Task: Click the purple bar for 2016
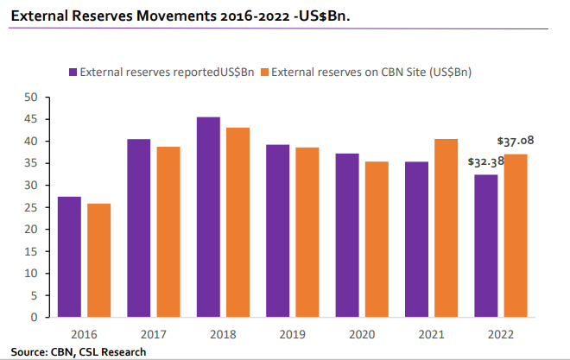coord(69,257)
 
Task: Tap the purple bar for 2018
coord(208,217)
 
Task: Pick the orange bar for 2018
coord(237,223)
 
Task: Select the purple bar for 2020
coord(347,235)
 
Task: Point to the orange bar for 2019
coord(307,232)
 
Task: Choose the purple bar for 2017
coord(138,228)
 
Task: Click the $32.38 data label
coord(484,161)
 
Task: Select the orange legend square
coord(264,73)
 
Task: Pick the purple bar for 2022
coord(487,246)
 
